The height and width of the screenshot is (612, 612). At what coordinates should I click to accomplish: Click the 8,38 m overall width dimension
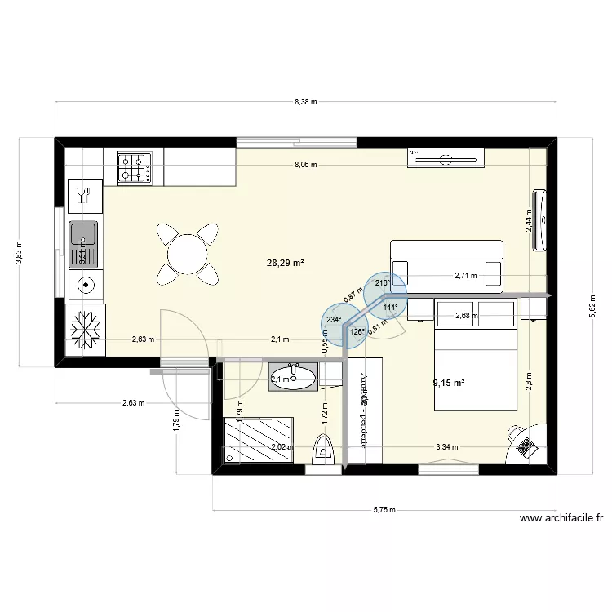pyautogui.click(x=306, y=102)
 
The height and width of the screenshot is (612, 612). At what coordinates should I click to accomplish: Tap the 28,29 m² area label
pyautogui.click(x=282, y=263)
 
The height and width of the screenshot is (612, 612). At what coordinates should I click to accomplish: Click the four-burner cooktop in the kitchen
pyautogui.click(x=135, y=166)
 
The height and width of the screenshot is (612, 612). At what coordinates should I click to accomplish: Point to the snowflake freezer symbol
pyautogui.click(x=85, y=331)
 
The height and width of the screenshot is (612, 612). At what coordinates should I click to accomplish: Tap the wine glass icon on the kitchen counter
pyautogui.click(x=82, y=194)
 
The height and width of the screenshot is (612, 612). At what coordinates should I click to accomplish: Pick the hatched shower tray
pyautogui.click(x=258, y=440)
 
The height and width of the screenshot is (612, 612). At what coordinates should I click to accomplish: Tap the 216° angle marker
pyautogui.click(x=382, y=283)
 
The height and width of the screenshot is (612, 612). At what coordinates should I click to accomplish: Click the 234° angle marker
pyautogui.click(x=334, y=321)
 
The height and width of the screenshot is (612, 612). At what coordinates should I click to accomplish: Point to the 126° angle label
pyautogui.click(x=357, y=332)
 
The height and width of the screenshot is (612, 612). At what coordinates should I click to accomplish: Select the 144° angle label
pyautogui.click(x=390, y=308)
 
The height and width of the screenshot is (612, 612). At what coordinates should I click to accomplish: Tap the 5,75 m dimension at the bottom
pyautogui.click(x=384, y=510)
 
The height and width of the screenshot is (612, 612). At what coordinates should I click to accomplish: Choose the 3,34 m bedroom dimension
pyautogui.click(x=446, y=446)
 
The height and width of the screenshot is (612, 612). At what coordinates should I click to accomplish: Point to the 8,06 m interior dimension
pyautogui.click(x=306, y=165)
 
